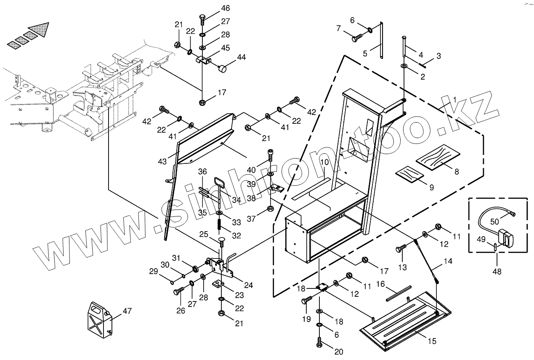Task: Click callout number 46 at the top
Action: (x=226, y=8)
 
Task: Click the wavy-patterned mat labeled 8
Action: (x=438, y=158)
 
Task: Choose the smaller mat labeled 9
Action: (x=409, y=174)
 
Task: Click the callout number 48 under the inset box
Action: (x=497, y=272)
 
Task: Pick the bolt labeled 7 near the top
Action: (x=356, y=39)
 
